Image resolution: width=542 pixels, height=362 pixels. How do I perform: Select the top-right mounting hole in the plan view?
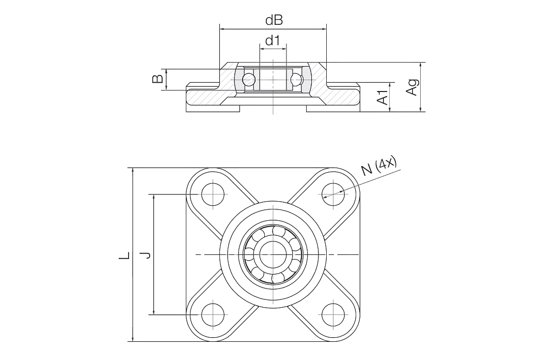[x=333, y=194]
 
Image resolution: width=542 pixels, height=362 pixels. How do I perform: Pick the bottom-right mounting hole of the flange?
[x=333, y=314]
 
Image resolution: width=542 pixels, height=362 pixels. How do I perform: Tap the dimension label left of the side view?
[x=157, y=81]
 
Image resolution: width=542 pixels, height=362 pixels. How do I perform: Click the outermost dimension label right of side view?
[x=411, y=88]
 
